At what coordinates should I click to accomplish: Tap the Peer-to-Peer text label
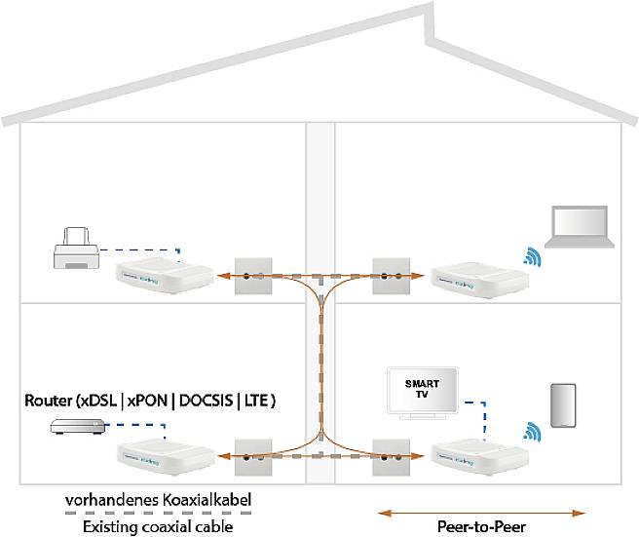(x=482, y=527)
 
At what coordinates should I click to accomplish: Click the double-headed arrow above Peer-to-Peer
(x=482, y=511)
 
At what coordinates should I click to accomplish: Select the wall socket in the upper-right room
(x=394, y=277)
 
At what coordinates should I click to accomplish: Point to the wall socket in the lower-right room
(x=394, y=454)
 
